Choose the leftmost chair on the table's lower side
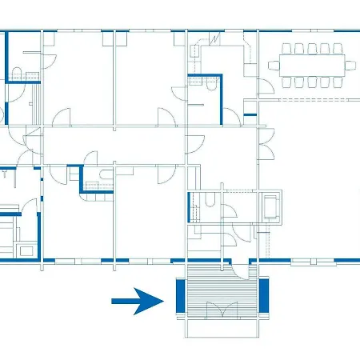287,81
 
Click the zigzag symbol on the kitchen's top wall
216,38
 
